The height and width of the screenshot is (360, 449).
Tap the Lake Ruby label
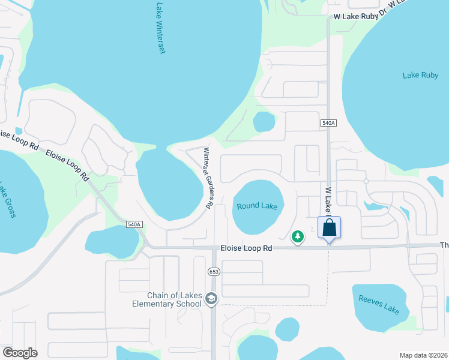(420, 75)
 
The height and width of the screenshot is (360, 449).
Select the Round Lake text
(257, 206)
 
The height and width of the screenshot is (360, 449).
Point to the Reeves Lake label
(379, 305)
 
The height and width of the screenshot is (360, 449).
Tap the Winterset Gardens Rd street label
(208, 178)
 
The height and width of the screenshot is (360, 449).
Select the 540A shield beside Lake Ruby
(328, 122)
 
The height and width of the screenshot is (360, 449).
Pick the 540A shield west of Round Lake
(134, 224)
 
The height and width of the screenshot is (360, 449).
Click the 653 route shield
(214, 272)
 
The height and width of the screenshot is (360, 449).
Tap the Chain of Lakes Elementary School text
(175, 299)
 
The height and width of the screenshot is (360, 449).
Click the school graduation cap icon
(211, 298)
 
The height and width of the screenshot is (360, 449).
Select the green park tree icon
(297, 237)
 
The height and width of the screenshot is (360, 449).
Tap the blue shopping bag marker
(329, 229)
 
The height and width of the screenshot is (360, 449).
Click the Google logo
(20, 352)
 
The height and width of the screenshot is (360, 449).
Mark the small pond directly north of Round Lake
(264, 122)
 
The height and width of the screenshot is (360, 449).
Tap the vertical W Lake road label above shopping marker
(329, 200)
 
